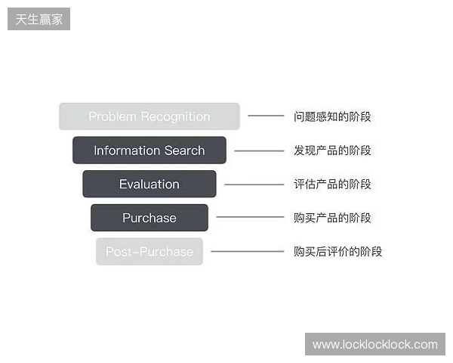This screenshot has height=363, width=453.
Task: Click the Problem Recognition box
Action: click(149, 116)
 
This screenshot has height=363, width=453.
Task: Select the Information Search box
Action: click(149, 150)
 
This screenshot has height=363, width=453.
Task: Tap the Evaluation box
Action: click(149, 184)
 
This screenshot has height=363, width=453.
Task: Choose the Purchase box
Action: click(149, 218)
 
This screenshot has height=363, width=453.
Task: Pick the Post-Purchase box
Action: click(149, 252)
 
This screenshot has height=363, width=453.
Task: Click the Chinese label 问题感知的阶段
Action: click(332, 116)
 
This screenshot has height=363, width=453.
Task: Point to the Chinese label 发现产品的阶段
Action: click(332, 150)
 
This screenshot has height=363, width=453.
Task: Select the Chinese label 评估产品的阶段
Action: click(332, 184)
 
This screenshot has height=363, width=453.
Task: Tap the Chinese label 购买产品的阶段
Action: click(332, 218)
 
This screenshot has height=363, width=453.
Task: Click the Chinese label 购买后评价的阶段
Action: click(337, 252)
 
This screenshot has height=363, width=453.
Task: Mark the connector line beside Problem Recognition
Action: click(266, 116)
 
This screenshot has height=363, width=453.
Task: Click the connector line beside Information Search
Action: click(259, 150)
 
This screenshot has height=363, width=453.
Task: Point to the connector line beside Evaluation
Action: click(254, 184)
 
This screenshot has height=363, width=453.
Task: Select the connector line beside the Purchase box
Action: click(250, 218)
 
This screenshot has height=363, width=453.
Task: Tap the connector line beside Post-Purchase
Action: click(247, 252)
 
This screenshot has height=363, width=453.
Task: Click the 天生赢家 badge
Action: click(39, 19)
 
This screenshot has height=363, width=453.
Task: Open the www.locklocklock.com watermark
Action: click(374, 345)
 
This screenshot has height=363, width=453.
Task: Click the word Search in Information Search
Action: click(186, 150)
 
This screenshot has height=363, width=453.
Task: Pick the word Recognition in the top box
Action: click(174, 116)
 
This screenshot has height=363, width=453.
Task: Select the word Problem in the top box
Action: click(112, 116)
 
